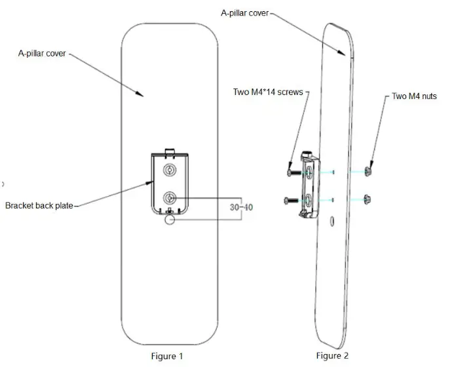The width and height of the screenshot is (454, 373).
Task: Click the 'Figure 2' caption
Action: coord(332,356)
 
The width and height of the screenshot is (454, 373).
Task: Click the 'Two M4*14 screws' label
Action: coord(268,92)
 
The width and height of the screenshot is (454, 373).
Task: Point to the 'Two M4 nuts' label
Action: coord(414,96)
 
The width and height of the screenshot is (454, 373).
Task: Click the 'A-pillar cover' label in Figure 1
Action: coord(41,54)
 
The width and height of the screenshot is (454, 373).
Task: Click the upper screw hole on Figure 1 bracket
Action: coord(170,170)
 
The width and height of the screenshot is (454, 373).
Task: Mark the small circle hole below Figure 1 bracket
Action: coord(170,222)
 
